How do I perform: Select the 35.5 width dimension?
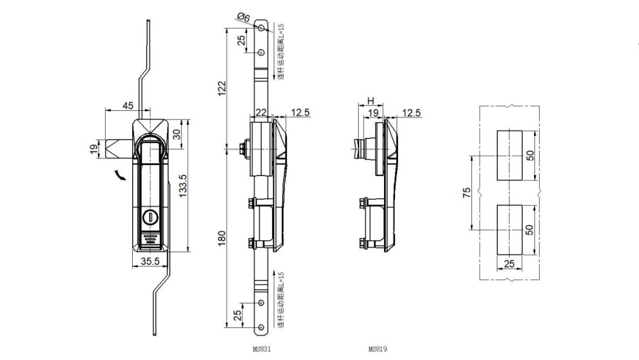click(149, 262)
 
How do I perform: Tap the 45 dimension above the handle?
click(127, 105)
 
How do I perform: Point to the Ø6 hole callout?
click(243, 18)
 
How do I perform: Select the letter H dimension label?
click(370, 101)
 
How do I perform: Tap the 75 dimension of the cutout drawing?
click(467, 192)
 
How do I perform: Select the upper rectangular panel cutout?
click(509, 155)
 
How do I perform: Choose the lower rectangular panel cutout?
click(509, 229)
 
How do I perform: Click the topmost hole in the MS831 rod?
click(261, 27)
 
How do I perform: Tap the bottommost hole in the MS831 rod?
click(261, 327)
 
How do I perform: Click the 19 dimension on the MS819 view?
click(373, 113)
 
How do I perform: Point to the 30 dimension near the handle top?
click(177, 134)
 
